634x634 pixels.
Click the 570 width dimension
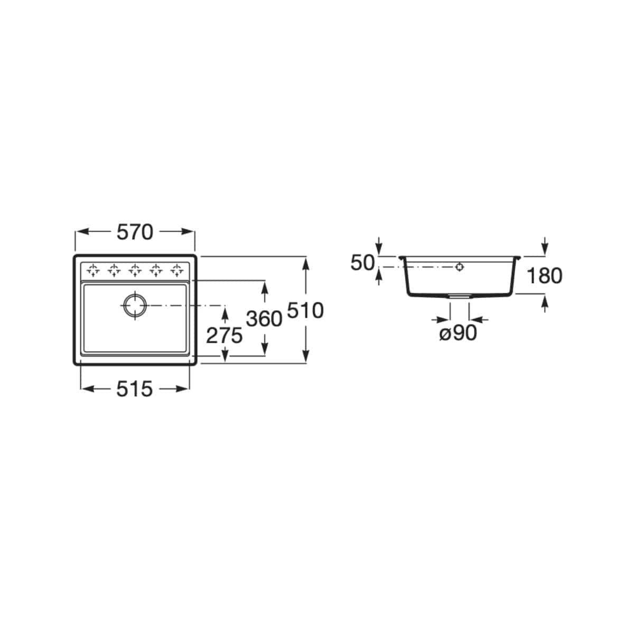click(135, 232)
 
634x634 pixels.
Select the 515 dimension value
click(134, 389)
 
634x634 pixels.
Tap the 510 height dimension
click(305, 310)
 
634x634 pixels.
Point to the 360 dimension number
click(264, 319)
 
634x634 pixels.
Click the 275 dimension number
click(224, 335)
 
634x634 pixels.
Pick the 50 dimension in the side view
click(362, 263)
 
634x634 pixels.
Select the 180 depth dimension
click(545, 276)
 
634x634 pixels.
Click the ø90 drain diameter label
click(458, 333)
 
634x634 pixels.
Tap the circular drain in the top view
click(135, 305)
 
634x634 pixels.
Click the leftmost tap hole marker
click(93, 269)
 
